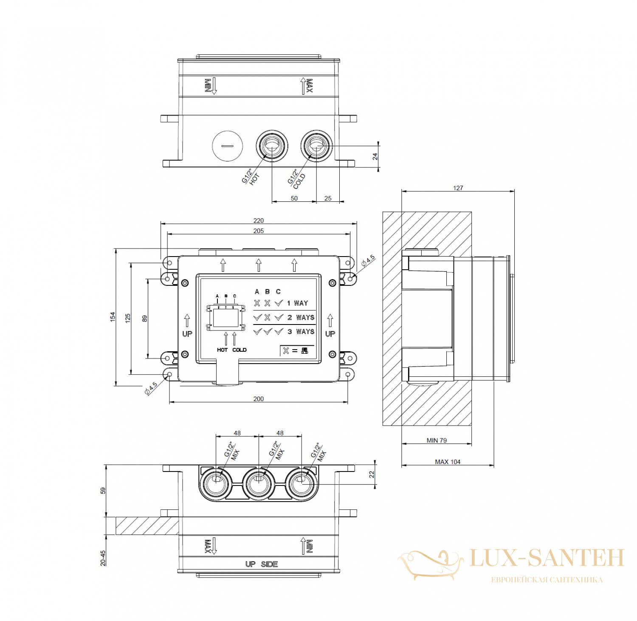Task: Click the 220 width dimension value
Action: [x=258, y=220]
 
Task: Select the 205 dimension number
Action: [x=258, y=231]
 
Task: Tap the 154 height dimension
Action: [x=113, y=316]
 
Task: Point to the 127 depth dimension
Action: [x=458, y=188]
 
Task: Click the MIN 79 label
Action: [x=437, y=440]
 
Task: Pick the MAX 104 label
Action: [x=448, y=462]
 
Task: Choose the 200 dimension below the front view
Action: [x=258, y=398]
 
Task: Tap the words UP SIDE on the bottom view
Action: [x=261, y=564]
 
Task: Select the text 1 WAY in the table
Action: [x=297, y=303]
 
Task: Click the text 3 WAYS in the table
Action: [x=301, y=332]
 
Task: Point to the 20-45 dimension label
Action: [x=103, y=558]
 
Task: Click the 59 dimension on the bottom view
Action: [x=103, y=490]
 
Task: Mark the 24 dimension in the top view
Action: [x=375, y=157]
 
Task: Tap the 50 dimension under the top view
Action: [x=294, y=198]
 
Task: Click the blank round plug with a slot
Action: [x=228, y=146]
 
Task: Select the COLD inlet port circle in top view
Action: [x=316, y=146]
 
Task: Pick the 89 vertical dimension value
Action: [x=144, y=318]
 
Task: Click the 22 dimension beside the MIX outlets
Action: [x=372, y=474]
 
